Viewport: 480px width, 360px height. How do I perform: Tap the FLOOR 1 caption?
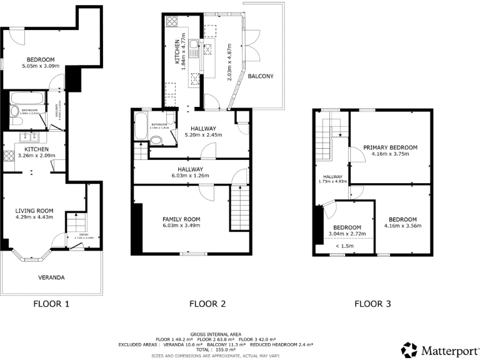tap(51, 304)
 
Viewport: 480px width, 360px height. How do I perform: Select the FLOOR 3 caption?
tap(372, 304)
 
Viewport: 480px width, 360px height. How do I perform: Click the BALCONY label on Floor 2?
tap(260, 76)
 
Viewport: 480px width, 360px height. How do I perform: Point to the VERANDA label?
tap(51, 277)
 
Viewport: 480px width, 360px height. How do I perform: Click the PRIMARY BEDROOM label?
tap(390, 147)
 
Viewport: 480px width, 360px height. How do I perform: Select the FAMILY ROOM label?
tap(181, 219)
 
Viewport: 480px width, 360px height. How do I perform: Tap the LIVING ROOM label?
tap(34, 211)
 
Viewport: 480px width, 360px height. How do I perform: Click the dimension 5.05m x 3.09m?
tap(41, 66)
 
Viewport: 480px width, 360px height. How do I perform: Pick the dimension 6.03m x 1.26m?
tap(190, 176)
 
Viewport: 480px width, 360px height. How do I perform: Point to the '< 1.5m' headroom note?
tap(345, 246)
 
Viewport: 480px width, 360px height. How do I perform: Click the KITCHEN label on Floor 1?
tap(36, 149)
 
